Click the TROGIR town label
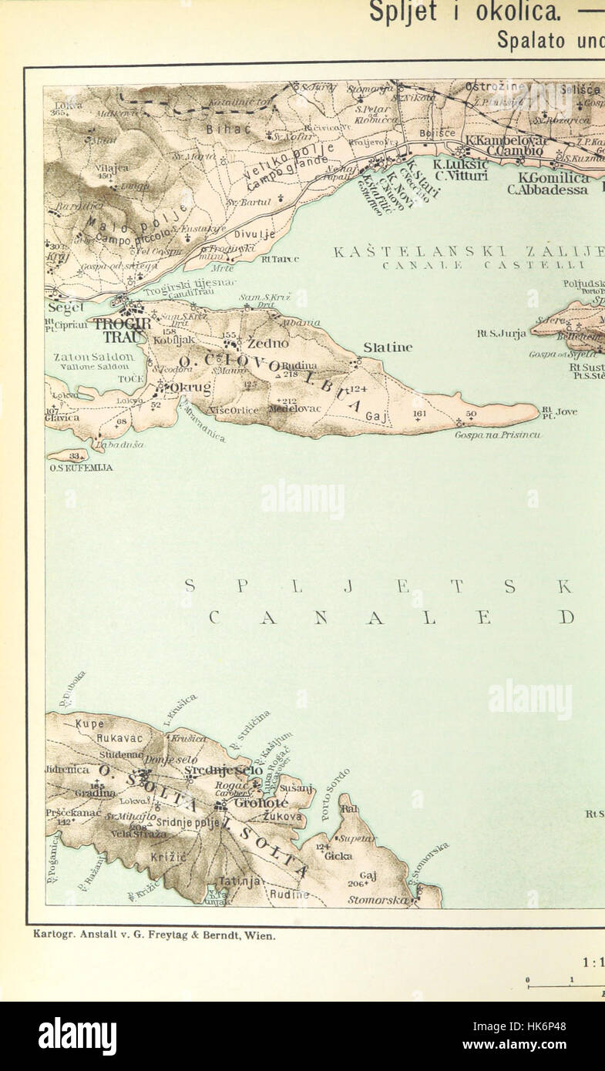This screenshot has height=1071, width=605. (x=122, y=323)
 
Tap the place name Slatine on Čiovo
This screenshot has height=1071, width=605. (x=387, y=347)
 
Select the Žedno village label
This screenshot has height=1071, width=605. (x=267, y=343)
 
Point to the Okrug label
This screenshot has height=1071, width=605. (x=190, y=387)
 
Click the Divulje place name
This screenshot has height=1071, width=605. (x=254, y=235)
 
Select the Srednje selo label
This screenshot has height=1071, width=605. (x=224, y=770)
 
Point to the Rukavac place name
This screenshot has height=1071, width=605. (x=119, y=737)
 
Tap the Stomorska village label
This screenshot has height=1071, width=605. (x=378, y=899)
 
